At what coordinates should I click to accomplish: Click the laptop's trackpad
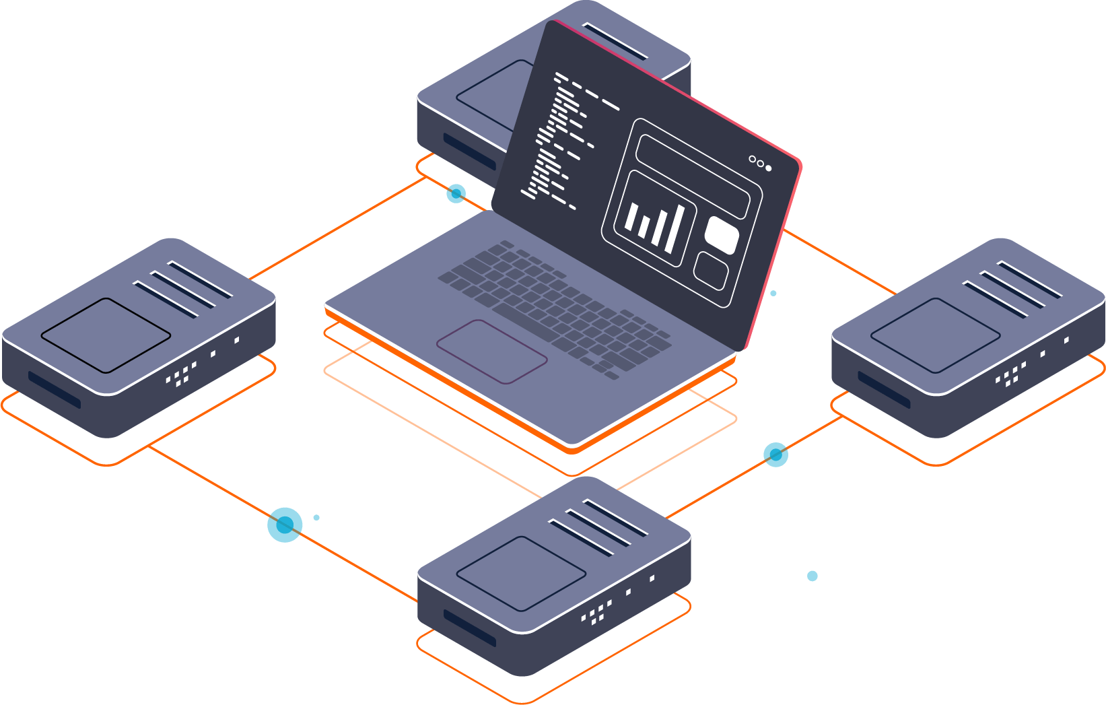[491, 351]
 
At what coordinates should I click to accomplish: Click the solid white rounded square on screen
[722, 235]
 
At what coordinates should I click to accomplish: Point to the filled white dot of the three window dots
[769, 168]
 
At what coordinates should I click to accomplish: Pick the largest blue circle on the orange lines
[285, 525]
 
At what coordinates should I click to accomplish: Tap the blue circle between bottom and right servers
[775, 455]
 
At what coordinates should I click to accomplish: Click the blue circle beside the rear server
[456, 194]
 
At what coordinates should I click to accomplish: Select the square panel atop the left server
[106, 335]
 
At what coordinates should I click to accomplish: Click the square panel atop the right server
[936, 335]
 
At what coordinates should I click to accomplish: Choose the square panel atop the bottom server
[521, 574]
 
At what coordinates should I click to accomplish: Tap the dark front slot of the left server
[54, 389]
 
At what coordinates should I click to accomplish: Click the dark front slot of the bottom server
[469, 628]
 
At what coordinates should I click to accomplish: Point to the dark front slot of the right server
[884, 389]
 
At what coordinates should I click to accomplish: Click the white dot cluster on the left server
[180, 374]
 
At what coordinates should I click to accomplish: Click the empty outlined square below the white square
[711, 271]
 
